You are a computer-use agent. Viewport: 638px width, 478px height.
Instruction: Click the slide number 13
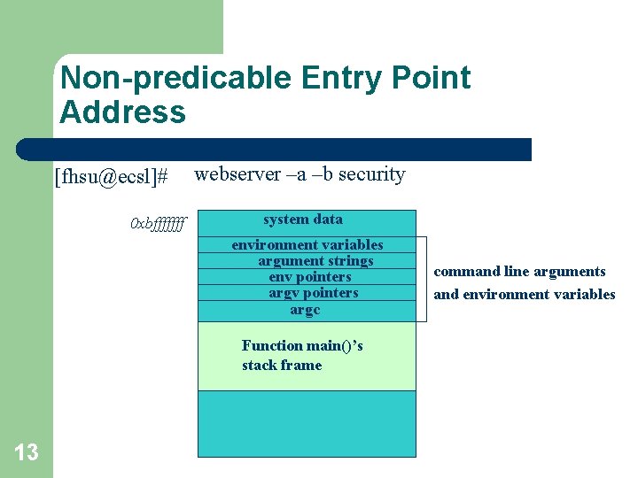(27, 453)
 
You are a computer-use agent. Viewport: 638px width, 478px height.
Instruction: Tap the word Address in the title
(122, 112)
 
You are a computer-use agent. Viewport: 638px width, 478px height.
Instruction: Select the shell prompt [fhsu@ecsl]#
(111, 177)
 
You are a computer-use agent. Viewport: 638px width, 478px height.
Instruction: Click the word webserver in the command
(234, 174)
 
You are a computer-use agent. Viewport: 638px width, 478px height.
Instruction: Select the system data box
(306, 220)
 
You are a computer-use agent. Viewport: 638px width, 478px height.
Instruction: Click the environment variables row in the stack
(307, 245)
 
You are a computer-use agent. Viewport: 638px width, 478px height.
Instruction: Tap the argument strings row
(315, 261)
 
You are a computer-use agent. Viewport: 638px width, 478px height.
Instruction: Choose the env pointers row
(309, 277)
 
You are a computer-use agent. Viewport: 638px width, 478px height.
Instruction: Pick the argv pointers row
(313, 293)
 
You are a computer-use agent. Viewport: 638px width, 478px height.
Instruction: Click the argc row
(305, 310)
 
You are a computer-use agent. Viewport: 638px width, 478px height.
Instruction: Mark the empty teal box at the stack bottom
(306, 424)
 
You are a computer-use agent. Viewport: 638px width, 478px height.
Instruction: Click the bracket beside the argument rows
(424, 279)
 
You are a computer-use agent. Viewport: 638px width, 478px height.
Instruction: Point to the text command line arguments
(519, 272)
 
